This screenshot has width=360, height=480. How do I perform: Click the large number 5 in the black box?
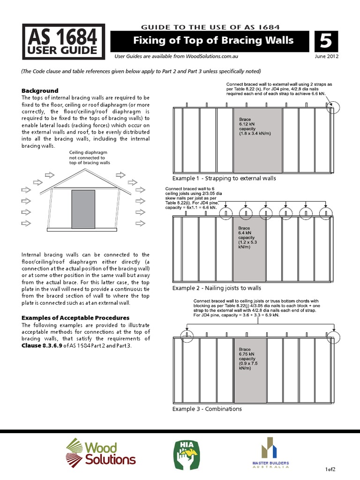(x=326, y=41)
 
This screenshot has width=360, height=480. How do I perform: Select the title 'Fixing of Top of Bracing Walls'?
(x=213, y=40)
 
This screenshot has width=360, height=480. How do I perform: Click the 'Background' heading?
(x=40, y=90)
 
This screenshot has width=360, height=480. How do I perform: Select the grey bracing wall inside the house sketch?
(x=83, y=208)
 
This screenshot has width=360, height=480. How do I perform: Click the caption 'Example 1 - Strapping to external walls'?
(x=224, y=179)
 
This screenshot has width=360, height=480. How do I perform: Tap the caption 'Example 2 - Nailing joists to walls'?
(x=217, y=288)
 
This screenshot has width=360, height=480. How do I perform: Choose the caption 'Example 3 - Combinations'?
(x=207, y=409)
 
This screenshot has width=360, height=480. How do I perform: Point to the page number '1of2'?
(x=330, y=469)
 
